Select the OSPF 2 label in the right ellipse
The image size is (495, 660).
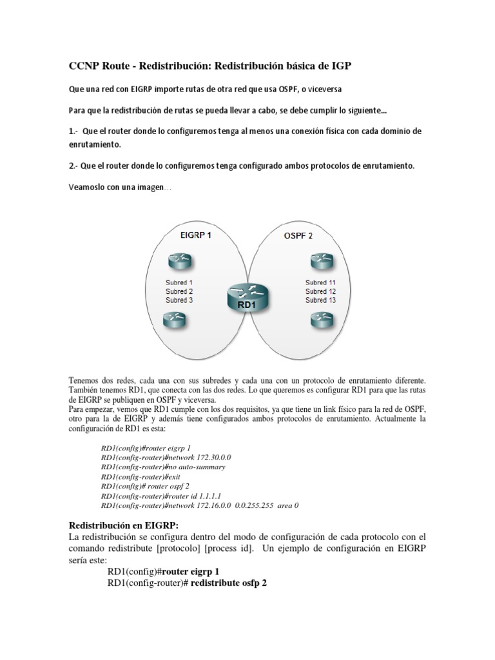[x=298, y=236]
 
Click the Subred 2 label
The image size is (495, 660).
[x=179, y=291]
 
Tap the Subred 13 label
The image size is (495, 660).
[x=320, y=300]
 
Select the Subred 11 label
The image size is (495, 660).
[x=320, y=282]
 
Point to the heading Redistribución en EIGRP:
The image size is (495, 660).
[x=119, y=525]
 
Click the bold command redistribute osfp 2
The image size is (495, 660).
[x=229, y=583]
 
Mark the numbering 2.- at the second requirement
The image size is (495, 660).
[x=74, y=166]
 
